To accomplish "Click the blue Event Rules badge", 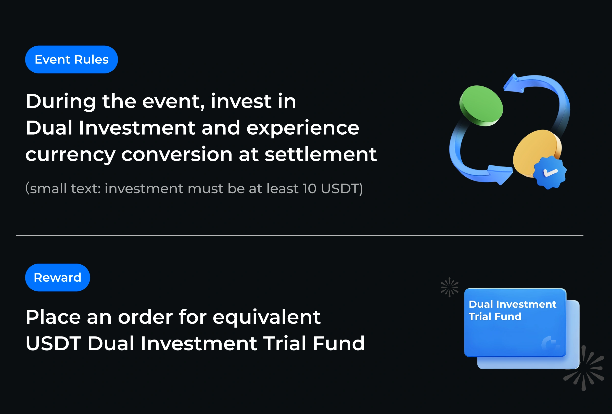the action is [71, 59].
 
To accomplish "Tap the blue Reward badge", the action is [57, 277].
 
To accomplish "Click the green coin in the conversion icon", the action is [481, 106].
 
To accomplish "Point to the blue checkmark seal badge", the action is [550, 172].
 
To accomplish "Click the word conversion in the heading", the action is [177, 154].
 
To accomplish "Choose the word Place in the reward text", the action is [53, 317].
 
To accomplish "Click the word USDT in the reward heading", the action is [54, 343].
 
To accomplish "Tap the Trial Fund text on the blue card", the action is [495, 316].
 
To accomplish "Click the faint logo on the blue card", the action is [550, 343].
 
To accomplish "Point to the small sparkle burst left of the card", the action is [450, 287].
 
